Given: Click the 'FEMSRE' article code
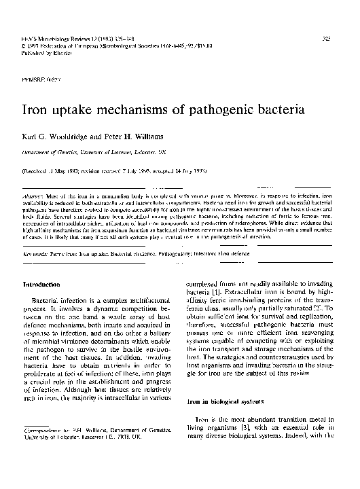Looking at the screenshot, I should [35, 79].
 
